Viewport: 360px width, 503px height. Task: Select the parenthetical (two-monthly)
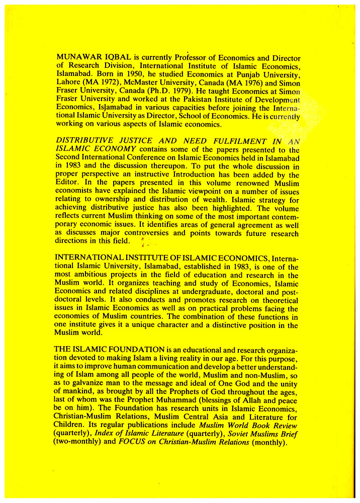(x=80, y=443)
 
